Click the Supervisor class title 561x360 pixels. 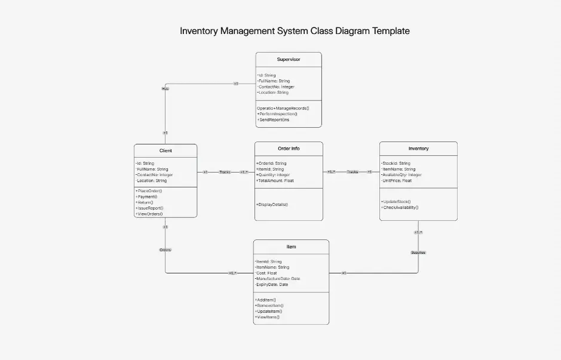point(289,59)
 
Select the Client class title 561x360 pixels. point(165,150)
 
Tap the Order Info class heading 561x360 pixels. point(289,149)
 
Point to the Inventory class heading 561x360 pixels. point(418,149)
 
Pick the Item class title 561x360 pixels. point(291,247)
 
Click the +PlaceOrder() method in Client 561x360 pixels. point(149,191)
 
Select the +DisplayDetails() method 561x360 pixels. point(272,204)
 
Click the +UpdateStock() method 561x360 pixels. point(396,202)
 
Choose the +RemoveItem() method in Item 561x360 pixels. point(269,305)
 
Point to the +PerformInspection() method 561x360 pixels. point(278,113)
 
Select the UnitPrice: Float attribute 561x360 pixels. point(397,180)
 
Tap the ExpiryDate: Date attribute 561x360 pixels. point(272,285)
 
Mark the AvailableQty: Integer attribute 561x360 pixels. point(401,175)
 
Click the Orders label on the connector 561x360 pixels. point(165,250)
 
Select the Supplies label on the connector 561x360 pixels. point(418,253)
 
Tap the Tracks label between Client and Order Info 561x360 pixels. point(225,172)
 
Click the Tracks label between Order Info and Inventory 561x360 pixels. point(352,172)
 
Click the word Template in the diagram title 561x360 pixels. point(391,31)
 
